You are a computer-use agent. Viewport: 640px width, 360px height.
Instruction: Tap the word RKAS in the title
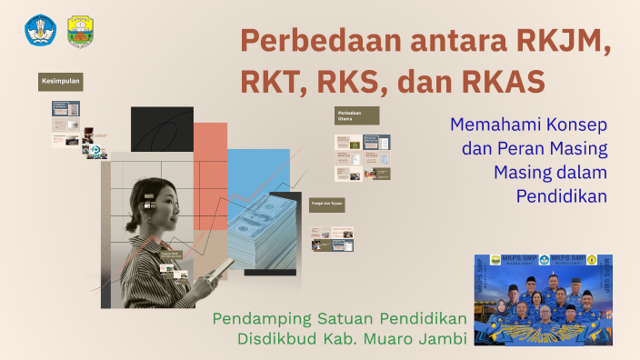(x=501, y=81)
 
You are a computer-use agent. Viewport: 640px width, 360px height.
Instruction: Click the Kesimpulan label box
(x=60, y=82)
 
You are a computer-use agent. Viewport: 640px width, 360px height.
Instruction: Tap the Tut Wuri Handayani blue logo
(x=40, y=31)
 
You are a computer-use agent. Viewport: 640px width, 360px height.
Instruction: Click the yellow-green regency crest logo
(x=80, y=32)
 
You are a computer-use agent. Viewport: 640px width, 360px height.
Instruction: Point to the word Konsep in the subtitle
(x=576, y=125)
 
